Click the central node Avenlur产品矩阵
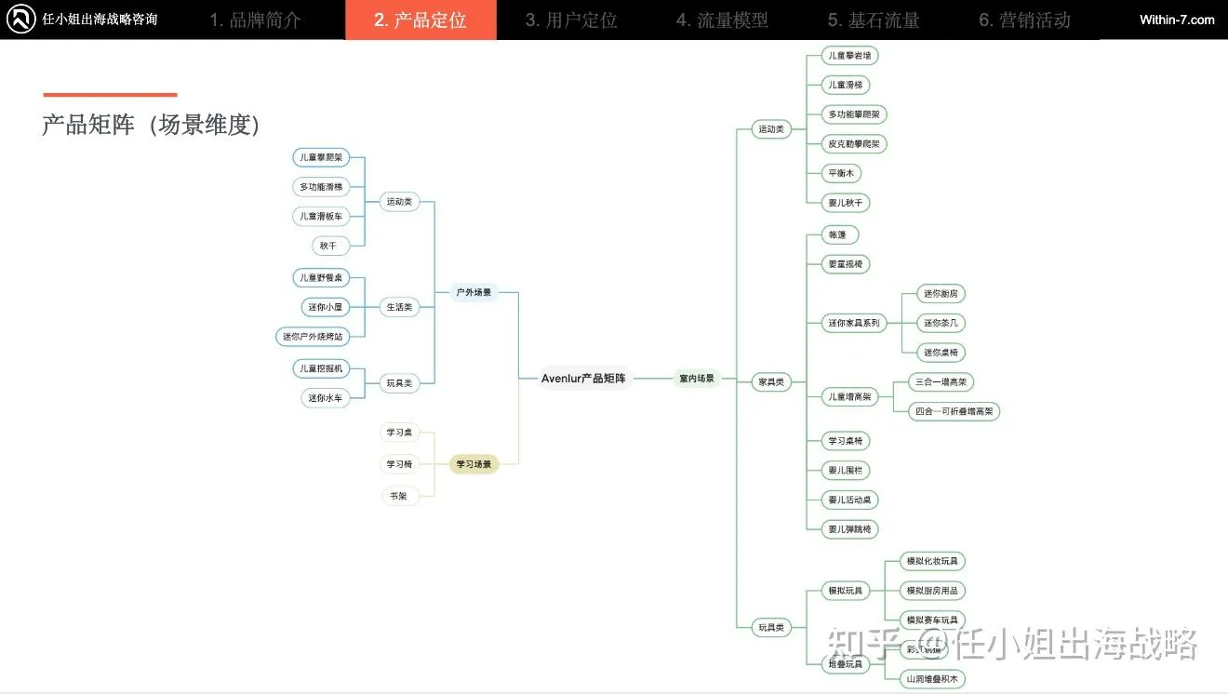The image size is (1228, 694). pos(583,379)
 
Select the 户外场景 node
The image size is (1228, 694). pos(474,292)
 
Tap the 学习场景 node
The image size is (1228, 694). pos(474,464)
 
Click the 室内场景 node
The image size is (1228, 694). pos(697,379)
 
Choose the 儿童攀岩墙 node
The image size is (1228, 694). pos(850,56)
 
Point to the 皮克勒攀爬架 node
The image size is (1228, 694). pos(854,144)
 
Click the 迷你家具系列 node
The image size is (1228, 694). pos(854,323)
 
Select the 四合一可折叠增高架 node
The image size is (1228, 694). pos(954,410)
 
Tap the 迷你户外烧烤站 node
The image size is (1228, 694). pos(313,336)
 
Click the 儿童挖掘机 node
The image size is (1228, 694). pos(321,368)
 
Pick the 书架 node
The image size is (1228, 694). pos(397,496)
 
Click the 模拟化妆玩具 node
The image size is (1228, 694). pos(932,561)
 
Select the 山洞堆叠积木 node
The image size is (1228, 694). pos(932,679)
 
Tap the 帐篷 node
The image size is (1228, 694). pos(840,234)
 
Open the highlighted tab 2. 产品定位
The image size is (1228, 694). pos(420,20)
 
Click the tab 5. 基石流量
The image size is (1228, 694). pos(874,20)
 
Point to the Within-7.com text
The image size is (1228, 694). pos(1177,20)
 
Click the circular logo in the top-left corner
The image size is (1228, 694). pos(20,20)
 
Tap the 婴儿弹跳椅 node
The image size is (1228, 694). pos(850,529)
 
